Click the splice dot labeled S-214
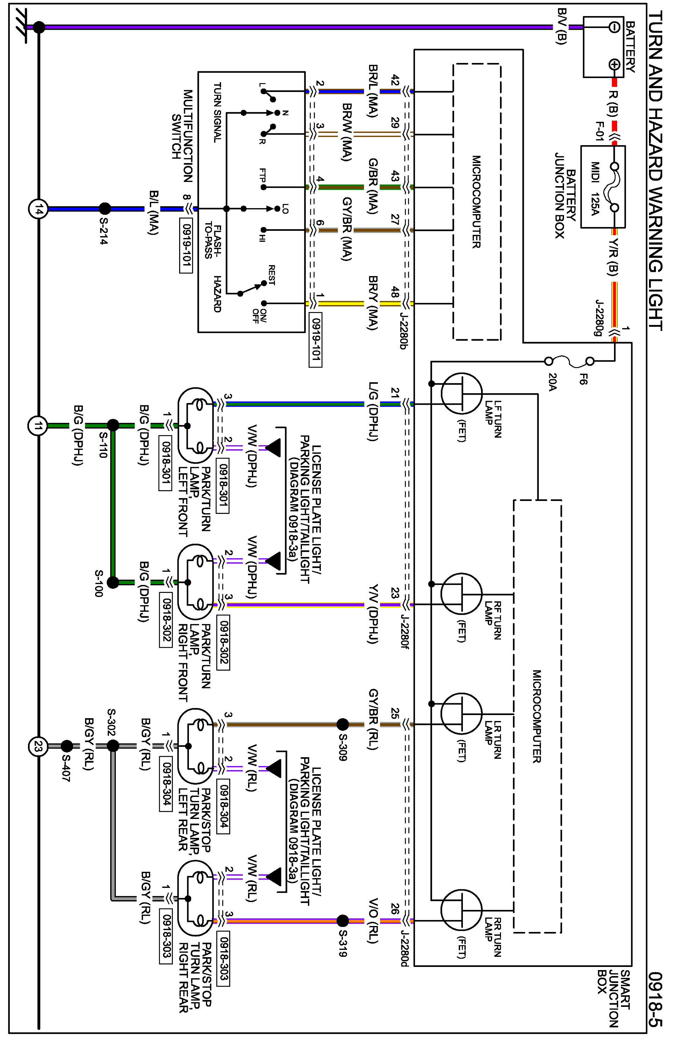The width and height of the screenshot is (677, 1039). (x=105, y=208)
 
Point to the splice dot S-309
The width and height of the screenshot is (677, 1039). (x=343, y=724)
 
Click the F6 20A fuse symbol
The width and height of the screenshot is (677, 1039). (x=569, y=361)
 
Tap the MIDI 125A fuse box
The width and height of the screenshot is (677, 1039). (x=603, y=186)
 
